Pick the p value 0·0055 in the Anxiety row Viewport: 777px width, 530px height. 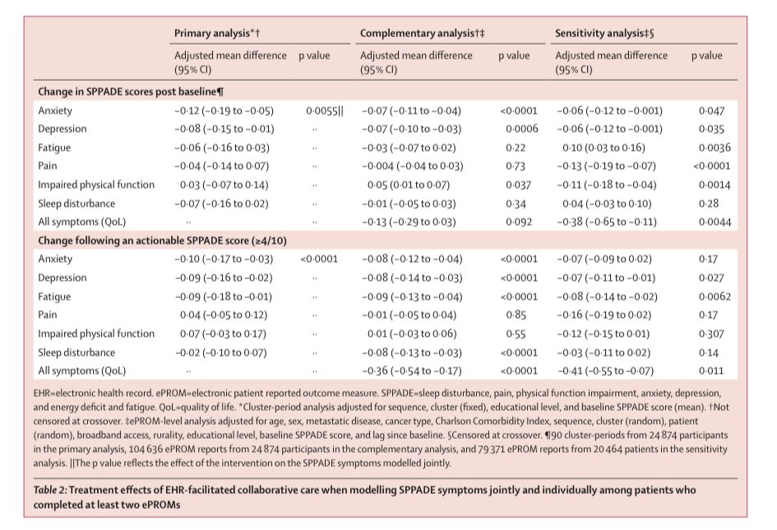click(x=325, y=110)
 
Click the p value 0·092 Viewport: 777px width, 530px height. click(x=514, y=221)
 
